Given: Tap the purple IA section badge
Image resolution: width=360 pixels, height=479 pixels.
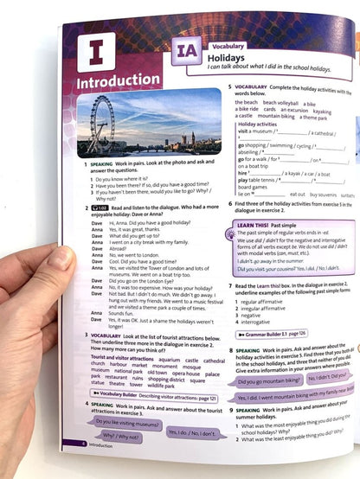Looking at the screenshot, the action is pyautogui.click(x=183, y=54).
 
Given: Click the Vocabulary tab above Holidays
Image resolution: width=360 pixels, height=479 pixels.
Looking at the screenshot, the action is pyautogui.click(x=228, y=43).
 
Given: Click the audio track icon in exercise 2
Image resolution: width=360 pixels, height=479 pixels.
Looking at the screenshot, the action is pyautogui.click(x=100, y=208).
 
